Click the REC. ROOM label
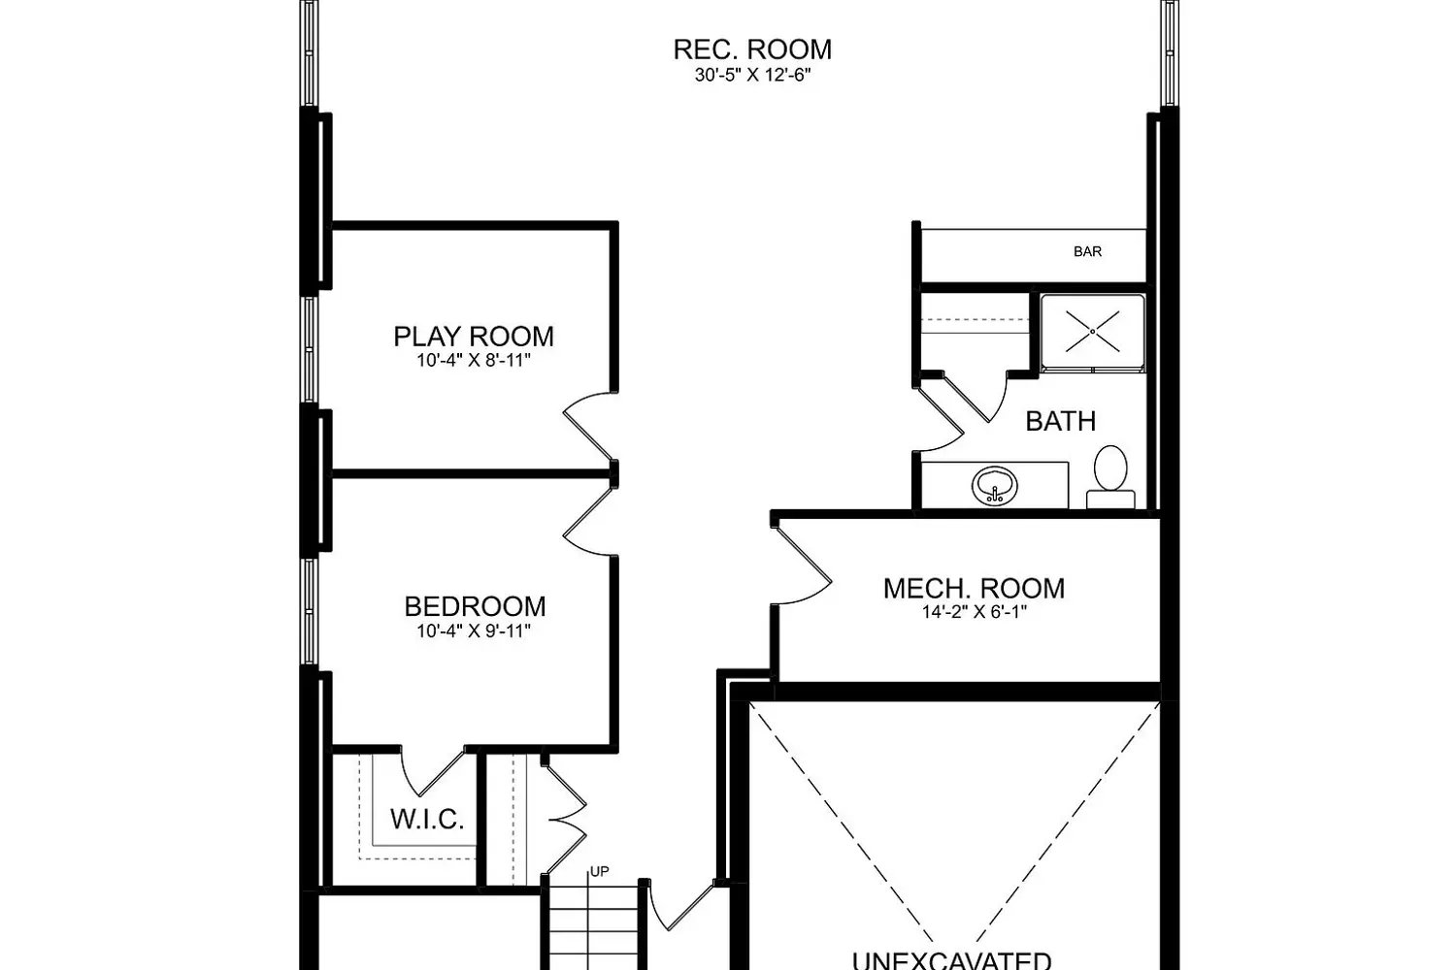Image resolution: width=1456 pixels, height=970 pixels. coord(752,49)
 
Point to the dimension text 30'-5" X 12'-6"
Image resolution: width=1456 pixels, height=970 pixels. coord(752,76)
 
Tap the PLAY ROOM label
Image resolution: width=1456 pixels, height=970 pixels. coord(474,337)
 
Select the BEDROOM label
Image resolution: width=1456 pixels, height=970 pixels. coord(475,606)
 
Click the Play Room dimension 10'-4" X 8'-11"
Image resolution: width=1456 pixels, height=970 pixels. coord(474,361)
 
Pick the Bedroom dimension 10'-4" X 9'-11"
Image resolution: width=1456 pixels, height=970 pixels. coord(474,630)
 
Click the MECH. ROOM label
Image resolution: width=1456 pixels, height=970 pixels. coord(974,588)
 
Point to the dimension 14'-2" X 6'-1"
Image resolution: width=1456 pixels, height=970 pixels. coord(974,612)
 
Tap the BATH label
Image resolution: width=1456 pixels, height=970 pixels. coord(1060,421)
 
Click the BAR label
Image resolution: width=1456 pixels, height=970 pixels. coord(1087,251)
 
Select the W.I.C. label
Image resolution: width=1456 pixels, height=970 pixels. coord(427,819)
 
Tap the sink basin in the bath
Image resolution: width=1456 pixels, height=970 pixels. coord(995,485)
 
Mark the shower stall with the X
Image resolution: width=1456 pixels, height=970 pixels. coord(1092,332)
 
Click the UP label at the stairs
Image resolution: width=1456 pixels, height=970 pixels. coord(600,871)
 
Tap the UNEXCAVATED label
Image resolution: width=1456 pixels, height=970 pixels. coord(951,959)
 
